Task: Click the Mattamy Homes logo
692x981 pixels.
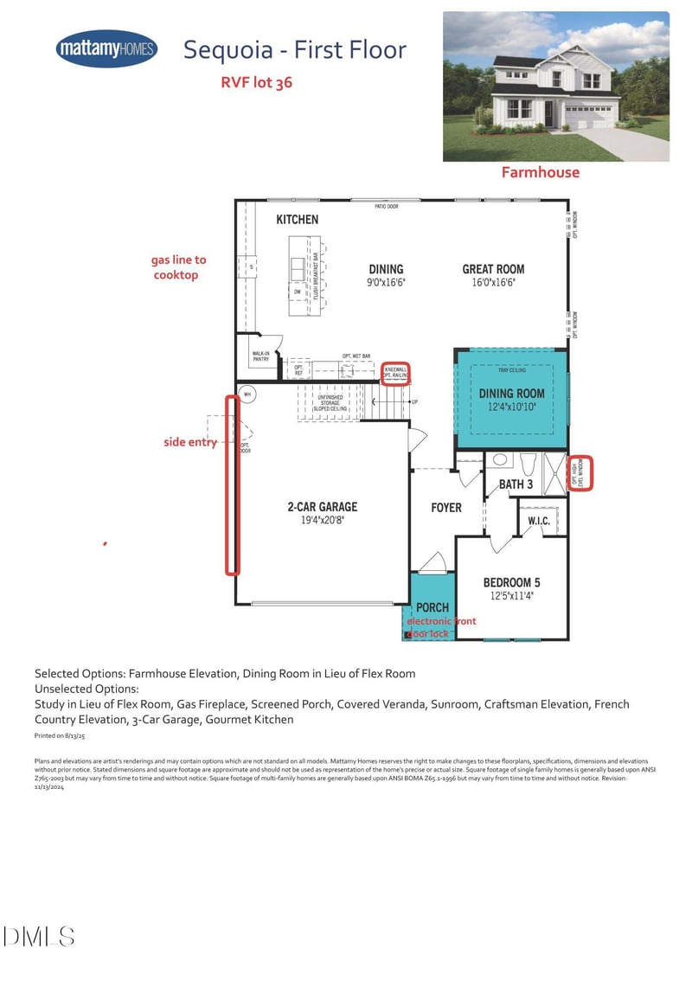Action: [106, 49]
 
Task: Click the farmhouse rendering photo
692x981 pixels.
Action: [556, 87]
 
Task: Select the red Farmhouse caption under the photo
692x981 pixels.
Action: [541, 172]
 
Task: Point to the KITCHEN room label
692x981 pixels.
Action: [297, 220]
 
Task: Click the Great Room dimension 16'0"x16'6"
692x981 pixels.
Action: [493, 282]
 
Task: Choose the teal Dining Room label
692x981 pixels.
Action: [512, 394]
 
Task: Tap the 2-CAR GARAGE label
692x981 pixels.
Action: [323, 507]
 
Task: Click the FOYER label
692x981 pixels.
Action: [446, 508]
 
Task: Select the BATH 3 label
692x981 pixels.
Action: [516, 484]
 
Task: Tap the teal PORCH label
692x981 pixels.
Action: [432, 607]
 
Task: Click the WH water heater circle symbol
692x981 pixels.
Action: [247, 394]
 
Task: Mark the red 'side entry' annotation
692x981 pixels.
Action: [189, 442]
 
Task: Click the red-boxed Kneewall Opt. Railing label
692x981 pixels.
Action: [396, 373]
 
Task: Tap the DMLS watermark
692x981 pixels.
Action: [39, 936]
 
